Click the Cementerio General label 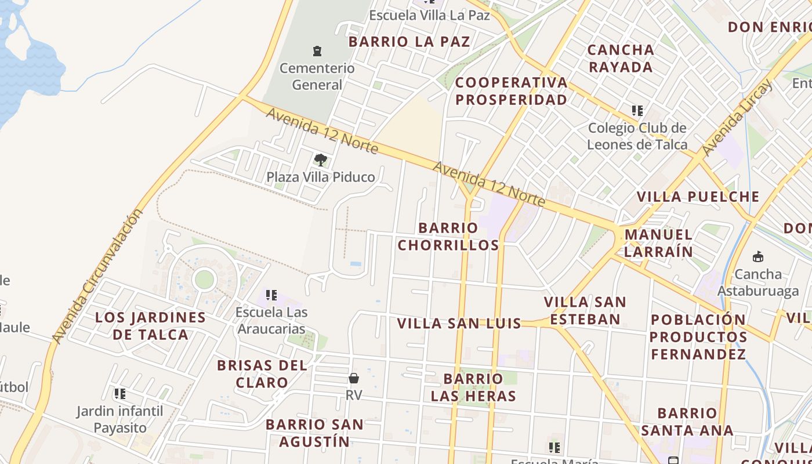317,77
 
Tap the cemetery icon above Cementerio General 317,51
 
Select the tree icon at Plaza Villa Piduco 320,159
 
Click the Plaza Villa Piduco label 320,177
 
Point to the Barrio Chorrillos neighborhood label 448,236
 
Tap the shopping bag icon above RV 354,378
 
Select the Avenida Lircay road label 737,118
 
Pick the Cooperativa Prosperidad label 511,91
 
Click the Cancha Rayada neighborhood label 621,58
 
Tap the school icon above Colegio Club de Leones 637,110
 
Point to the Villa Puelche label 698,197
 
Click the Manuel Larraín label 658,243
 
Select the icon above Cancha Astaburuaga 757,256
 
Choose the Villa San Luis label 459,324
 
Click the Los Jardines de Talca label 150,326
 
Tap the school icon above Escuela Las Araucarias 271,295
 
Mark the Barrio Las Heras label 473,387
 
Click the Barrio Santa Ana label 687,422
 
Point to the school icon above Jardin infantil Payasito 120,394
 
